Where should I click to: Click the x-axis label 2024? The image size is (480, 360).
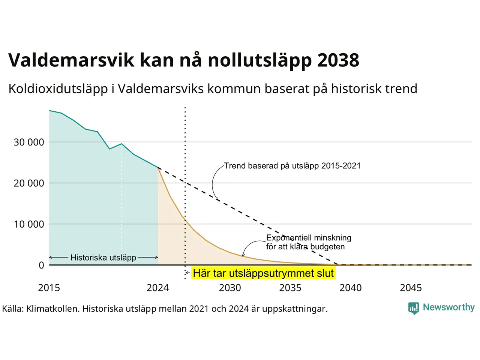[x=157, y=288]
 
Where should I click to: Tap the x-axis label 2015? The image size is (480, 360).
[x=49, y=288]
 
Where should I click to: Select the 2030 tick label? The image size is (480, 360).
[x=230, y=288]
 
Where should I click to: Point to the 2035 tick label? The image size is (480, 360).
[x=290, y=288]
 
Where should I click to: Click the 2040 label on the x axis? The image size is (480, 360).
[x=351, y=288]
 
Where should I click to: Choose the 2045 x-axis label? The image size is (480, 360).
[x=411, y=288]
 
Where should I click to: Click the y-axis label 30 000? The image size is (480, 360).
[x=29, y=142]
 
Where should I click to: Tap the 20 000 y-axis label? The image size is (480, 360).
[x=29, y=183]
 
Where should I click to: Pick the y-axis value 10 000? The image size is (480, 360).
[x=29, y=224]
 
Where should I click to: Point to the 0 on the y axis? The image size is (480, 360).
[x=42, y=265]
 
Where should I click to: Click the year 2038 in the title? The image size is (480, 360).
[x=338, y=60]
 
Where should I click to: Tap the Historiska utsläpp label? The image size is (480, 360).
[x=103, y=258]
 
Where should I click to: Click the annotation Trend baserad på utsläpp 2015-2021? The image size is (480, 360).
[x=292, y=166]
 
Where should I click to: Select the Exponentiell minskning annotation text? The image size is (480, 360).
[x=309, y=242]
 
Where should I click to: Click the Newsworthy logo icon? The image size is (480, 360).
[x=414, y=308]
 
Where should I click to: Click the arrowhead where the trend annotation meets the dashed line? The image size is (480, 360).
[x=218, y=199]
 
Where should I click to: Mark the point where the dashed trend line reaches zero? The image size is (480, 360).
[x=337, y=265]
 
